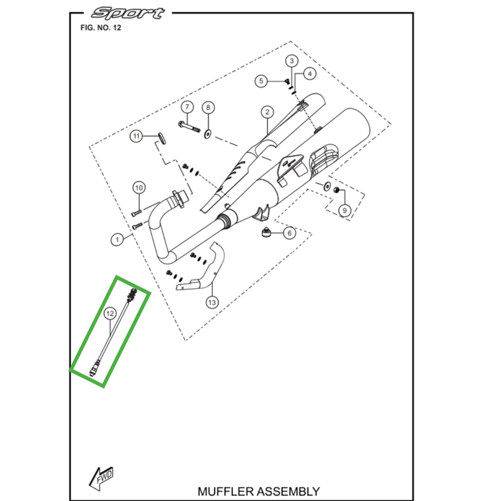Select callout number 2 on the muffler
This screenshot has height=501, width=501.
point(267,112)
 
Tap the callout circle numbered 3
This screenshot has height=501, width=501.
point(291,61)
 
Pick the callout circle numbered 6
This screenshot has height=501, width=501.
point(289,234)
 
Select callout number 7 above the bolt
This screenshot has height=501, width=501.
point(185,107)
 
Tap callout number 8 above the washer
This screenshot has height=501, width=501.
point(209,107)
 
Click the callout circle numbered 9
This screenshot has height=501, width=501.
point(343,210)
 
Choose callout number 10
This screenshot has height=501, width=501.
point(139,187)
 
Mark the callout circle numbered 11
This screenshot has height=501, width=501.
point(137,136)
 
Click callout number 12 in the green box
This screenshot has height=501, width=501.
point(110,312)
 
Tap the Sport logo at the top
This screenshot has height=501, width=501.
point(129,13)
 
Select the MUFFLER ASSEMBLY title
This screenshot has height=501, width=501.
point(258,492)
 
